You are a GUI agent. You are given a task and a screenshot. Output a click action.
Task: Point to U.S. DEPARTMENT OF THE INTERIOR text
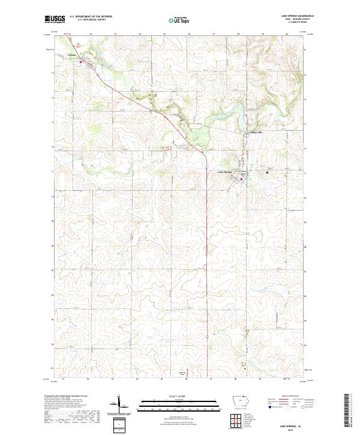90,17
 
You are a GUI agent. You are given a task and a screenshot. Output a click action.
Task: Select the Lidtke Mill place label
257,132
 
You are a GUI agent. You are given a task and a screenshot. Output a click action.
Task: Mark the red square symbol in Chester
80,60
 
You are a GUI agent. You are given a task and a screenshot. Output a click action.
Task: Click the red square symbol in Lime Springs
242,178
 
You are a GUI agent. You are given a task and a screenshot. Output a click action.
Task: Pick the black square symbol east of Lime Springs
267,173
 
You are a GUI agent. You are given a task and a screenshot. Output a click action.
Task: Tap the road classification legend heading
292,396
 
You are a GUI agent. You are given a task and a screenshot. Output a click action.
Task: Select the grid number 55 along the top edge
164,34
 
